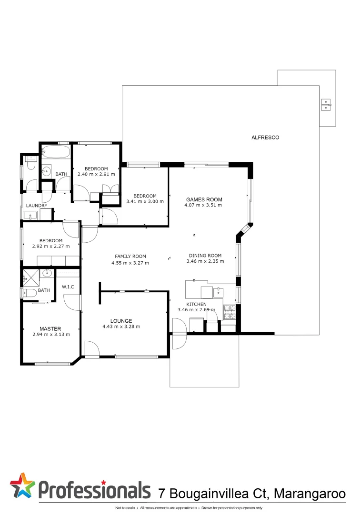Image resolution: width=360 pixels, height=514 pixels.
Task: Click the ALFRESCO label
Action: pos(265,138)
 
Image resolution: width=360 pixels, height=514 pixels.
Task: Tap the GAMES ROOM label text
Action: pos(204,199)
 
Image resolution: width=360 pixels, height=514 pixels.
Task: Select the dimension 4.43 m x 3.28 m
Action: pos(121,326)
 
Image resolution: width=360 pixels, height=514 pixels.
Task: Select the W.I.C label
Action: pos(67,287)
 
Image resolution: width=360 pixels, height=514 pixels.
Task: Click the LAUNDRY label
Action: pos(37,206)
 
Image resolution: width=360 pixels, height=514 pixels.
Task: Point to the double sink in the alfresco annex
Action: pos(326,104)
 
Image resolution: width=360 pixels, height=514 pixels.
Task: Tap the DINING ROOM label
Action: pos(205,256)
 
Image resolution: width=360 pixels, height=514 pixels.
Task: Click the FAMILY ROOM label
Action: pos(130,256)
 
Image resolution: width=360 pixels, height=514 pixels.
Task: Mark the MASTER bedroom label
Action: pos(50,328)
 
